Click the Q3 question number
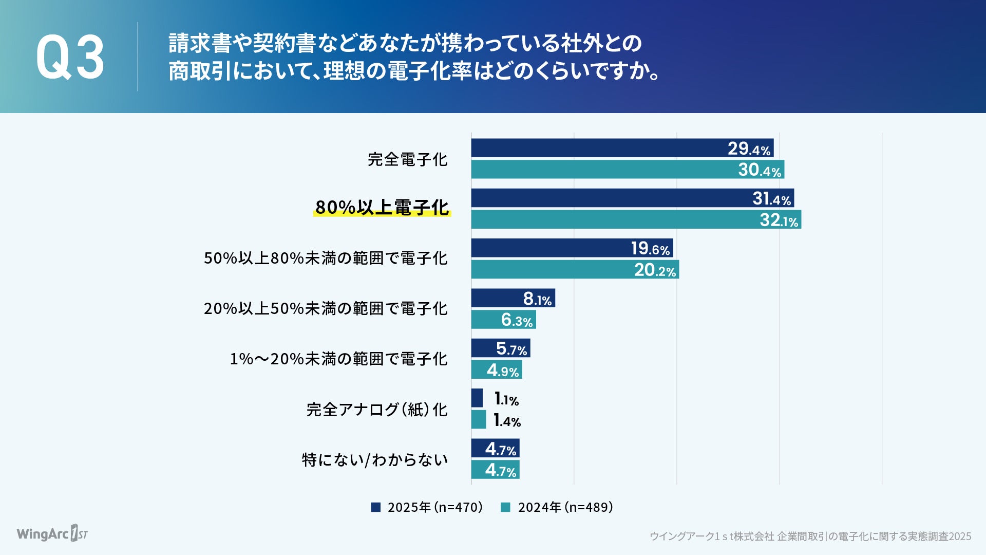point(70,57)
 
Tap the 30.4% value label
point(760,170)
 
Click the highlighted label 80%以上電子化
point(382,208)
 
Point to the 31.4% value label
point(772,198)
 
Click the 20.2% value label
point(655,270)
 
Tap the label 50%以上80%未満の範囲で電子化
point(326,258)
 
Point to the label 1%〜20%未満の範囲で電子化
point(338,359)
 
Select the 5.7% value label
point(511,349)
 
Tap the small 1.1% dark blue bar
point(477,398)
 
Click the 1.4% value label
point(507,420)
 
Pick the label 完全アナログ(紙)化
point(377,410)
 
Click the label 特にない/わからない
point(375,459)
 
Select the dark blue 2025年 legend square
point(376,507)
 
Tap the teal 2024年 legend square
point(506,507)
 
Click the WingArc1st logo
point(52,533)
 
